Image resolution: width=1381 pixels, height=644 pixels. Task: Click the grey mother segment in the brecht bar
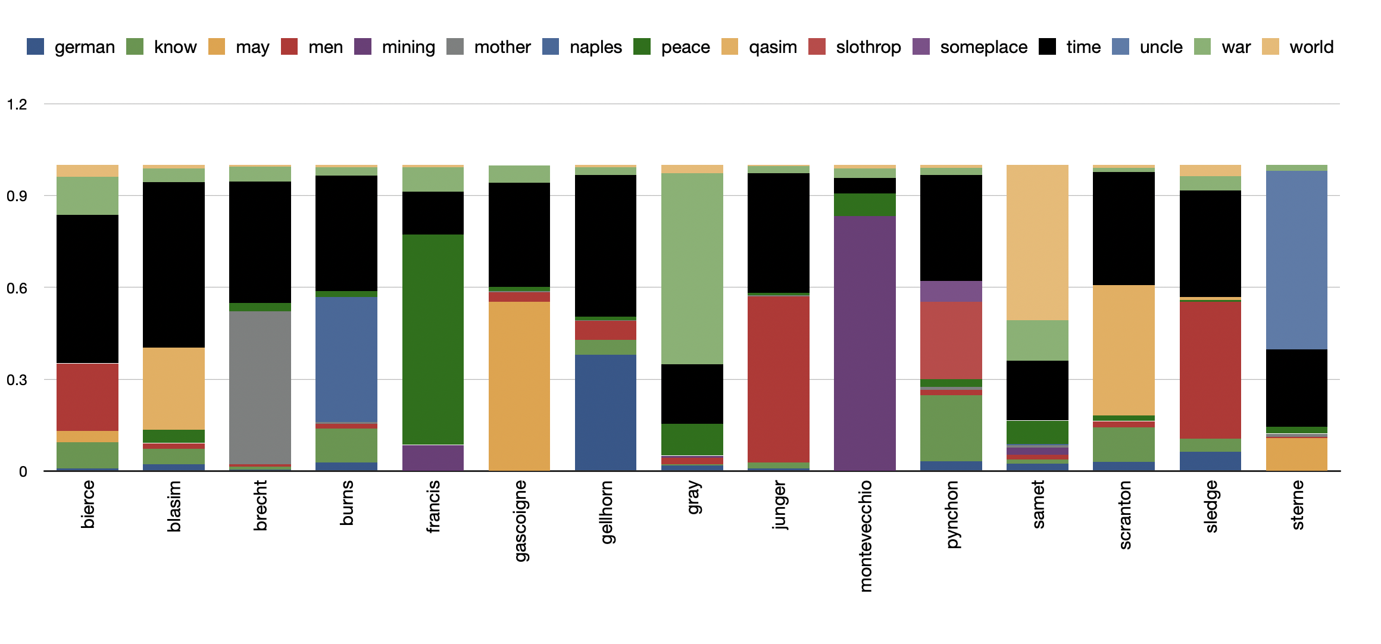(x=260, y=387)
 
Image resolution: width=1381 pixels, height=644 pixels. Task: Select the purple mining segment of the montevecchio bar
(x=864, y=343)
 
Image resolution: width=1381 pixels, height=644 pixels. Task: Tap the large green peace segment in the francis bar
(x=433, y=339)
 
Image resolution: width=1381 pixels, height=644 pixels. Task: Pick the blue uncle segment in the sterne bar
(x=1297, y=260)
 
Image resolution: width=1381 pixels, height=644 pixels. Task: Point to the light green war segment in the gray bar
(x=692, y=268)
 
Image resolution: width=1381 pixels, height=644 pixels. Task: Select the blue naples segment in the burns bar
(x=346, y=359)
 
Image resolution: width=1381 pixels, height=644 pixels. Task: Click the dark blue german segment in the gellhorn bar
(x=605, y=412)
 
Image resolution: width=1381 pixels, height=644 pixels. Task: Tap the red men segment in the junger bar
(x=778, y=379)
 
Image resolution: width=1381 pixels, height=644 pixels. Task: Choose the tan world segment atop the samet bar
(x=1037, y=242)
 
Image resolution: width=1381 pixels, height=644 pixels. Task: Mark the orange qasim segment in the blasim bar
(x=173, y=388)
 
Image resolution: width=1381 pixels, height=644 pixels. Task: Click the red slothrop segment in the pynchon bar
(x=951, y=340)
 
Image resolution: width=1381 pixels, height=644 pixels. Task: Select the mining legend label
(x=408, y=47)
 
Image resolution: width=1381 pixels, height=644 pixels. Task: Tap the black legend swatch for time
(x=1047, y=46)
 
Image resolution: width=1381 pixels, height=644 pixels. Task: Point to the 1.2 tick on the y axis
(x=17, y=105)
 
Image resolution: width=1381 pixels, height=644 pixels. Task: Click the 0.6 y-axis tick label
(x=17, y=288)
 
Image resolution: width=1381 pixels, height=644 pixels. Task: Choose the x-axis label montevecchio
(x=866, y=536)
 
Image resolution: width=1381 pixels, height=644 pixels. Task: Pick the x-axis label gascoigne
(x=520, y=521)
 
